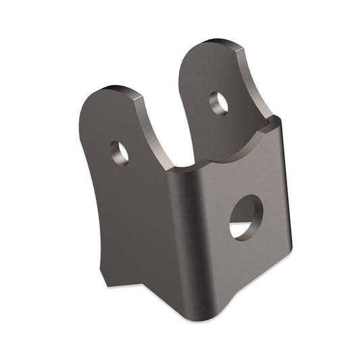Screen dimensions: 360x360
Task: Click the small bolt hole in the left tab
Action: [120, 152]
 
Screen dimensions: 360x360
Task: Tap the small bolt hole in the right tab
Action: [219, 103]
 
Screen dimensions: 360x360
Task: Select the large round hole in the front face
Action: [245, 217]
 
